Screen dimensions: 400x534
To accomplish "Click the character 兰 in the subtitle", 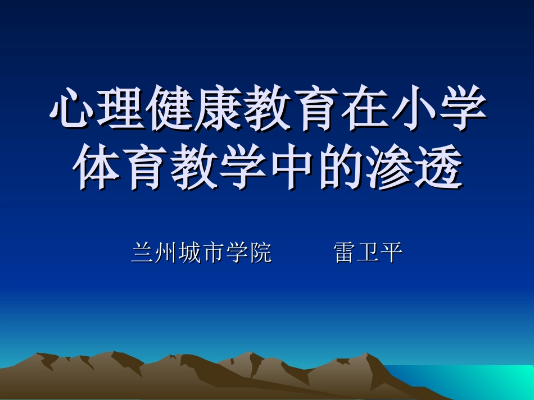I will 143,253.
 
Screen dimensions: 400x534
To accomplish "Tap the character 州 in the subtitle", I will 166,253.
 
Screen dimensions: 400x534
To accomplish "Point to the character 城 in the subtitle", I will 190,253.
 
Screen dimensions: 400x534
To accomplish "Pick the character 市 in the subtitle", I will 214,253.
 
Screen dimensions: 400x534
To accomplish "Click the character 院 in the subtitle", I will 261,253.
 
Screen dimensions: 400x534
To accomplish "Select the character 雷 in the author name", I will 345,253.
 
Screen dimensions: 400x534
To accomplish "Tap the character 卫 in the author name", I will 368,253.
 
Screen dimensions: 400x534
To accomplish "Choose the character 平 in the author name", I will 392,253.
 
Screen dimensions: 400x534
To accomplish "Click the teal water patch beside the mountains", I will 483,381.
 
